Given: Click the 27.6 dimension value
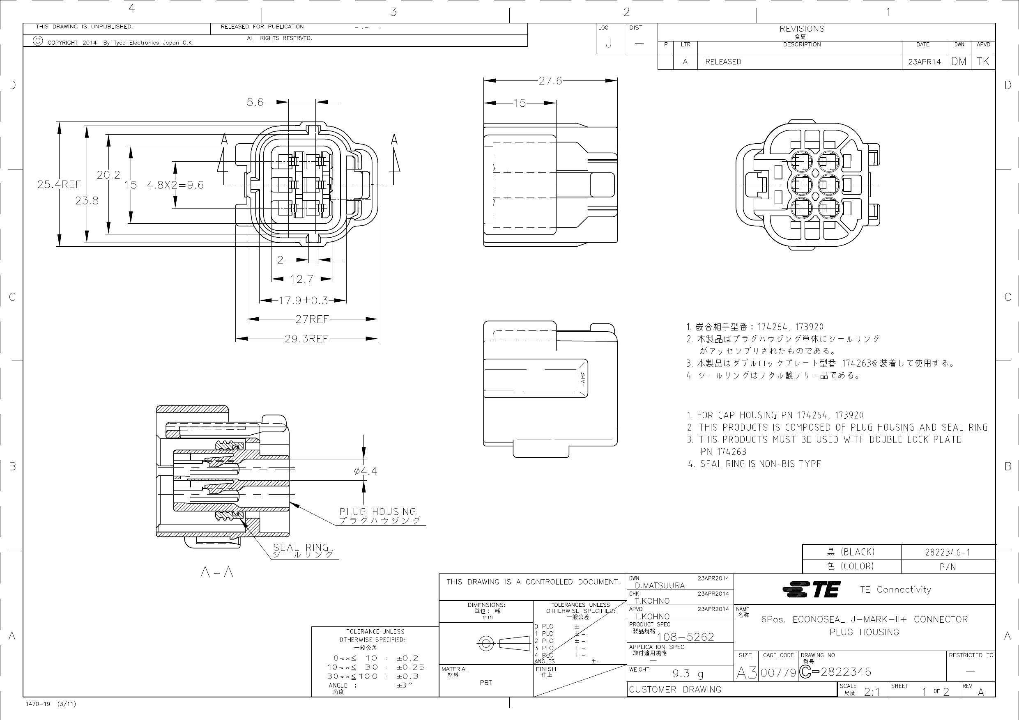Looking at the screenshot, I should [x=550, y=81].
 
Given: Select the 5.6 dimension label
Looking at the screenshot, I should [x=255, y=103].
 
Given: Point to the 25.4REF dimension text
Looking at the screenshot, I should [x=59, y=184].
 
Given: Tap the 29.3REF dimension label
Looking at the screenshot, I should [x=306, y=339].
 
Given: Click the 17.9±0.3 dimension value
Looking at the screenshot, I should [x=303, y=301].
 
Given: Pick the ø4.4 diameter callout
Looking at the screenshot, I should [x=365, y=471].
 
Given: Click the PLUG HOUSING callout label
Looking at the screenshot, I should [x=378, y=511].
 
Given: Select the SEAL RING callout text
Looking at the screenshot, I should [x=301, y=548].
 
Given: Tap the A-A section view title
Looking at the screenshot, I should [x=216, y=572].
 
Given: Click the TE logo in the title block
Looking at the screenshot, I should [x=811, y=589].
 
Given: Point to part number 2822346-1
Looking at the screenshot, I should [x=948, y=552].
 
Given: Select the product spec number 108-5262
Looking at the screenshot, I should [x=685, y=637].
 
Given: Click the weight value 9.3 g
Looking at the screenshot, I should [x=688, y=674].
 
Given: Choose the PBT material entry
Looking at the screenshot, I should [x=485, y=682].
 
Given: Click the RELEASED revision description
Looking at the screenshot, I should [x=723, y=62].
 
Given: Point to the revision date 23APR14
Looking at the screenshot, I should [x=924, y=62].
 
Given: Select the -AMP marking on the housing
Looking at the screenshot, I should [x=583, y=378].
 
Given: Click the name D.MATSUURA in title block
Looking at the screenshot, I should [x=660, y=586].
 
